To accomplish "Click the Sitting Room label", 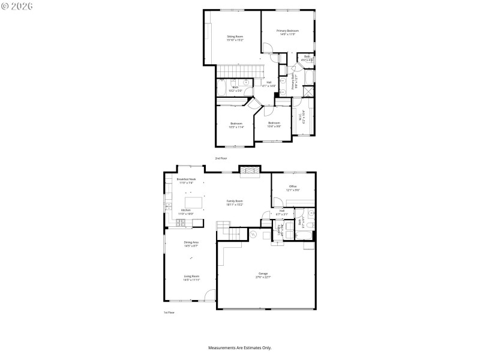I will point(235,37).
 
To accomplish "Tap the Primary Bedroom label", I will point(287,31).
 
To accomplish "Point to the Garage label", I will point(263,273).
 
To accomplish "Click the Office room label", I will point(293,187).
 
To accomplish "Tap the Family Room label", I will point(234,201).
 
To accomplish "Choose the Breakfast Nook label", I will point(186,179).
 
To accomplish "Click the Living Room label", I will point(191,276).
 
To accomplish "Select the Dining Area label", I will point(191,242).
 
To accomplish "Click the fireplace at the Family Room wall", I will point(250,172).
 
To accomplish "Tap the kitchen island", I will point(194,201).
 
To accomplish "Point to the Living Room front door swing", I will point(210,295).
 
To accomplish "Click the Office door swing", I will point(277,202).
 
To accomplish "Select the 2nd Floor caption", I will point(221,158).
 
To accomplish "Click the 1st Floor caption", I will point(169,313).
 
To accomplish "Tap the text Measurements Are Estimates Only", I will point(239,347).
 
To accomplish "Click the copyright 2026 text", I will point(17,5).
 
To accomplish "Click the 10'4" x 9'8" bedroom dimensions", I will point(274,126).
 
